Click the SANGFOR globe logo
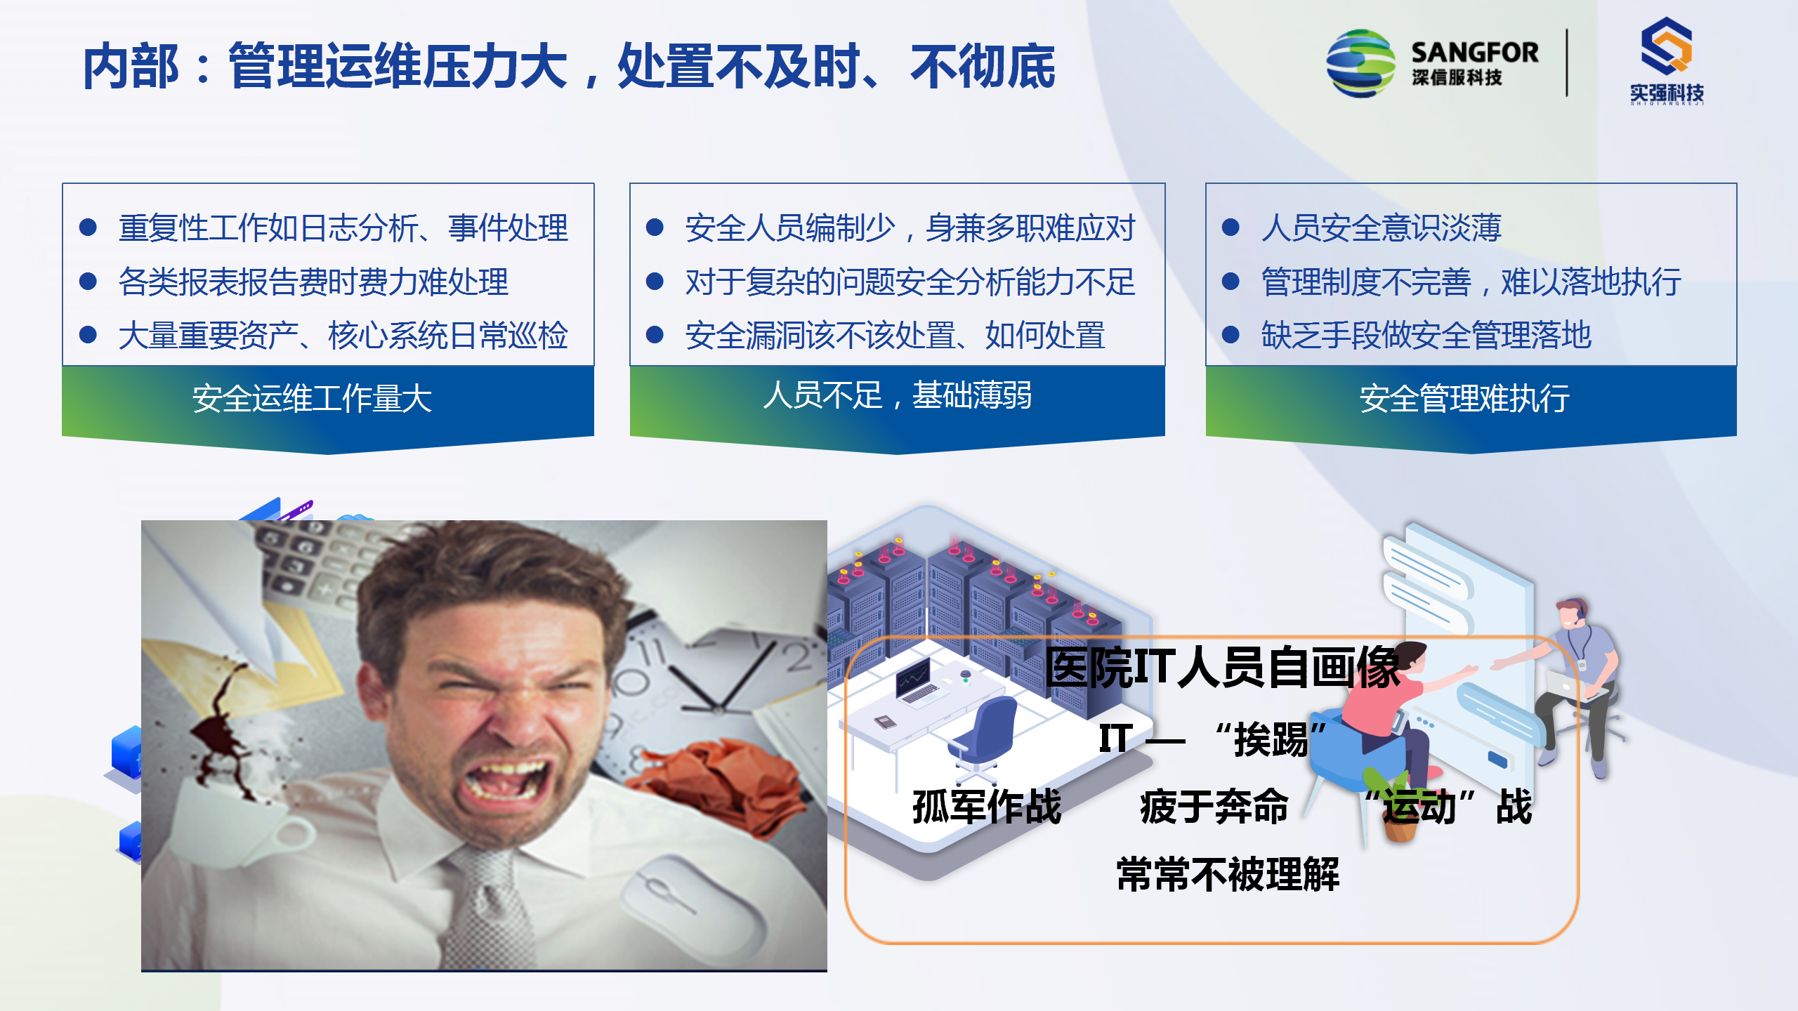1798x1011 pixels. pos(1360,63)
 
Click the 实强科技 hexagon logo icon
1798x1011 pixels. pos(1667,46)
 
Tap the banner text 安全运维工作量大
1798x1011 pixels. pos(312,399)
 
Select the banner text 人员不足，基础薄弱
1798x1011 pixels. pos(897,395)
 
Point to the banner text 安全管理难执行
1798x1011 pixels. pos(1464,399)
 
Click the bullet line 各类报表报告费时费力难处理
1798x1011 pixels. pos(313,282)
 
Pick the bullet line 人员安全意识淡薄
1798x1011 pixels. pos(1381,227)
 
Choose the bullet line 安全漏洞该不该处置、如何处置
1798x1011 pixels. pos(895,335)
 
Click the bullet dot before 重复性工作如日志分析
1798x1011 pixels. pos(88,227)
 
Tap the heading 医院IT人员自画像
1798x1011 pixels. pos(1222,666)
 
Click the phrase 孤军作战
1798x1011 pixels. pos(987,806)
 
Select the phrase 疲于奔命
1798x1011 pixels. pos(1214,806)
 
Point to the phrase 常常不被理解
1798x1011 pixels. pos(1228,874)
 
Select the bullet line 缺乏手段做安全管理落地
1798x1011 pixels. pos(1426,335)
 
